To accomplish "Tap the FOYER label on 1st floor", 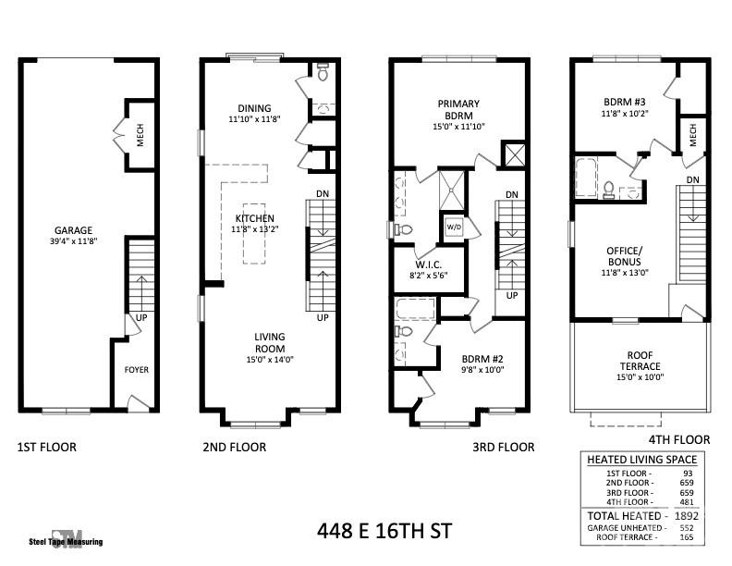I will pyautogui.click(x=137, y=370).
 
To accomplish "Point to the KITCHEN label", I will pyautogui.click(x=254, y=218).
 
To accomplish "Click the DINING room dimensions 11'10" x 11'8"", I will pyautogui.click(x=254, y=119).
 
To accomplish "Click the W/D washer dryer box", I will pyautogui.click(x=454, y=227).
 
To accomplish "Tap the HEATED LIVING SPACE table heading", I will pyautogui.click(x=641, y=459).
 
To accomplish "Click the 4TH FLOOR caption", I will pyautogui.click(x=679, y=439).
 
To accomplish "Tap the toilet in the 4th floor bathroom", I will pyautogui.click(x=609, y=190).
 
